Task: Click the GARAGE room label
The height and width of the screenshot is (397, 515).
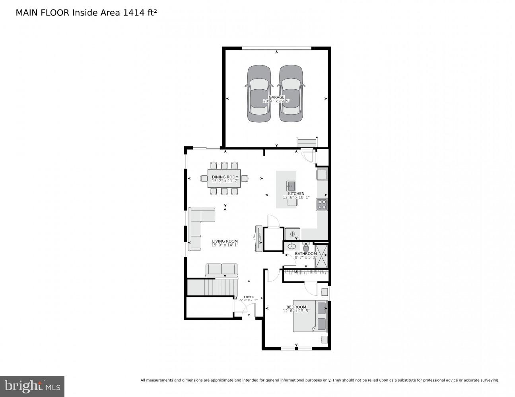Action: pos(276,97)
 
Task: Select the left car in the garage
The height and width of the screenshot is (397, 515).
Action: pos(259,94)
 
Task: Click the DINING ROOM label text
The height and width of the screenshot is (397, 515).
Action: pos(225,177)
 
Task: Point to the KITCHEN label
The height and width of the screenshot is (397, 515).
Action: pos(296,194)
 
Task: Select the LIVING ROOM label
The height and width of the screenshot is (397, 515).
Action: pos(225,241)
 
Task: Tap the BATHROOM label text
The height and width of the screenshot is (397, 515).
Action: pos(306,254)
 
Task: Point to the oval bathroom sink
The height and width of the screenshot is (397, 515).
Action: pos(292,246)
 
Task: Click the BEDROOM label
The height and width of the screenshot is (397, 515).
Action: pos(296,307)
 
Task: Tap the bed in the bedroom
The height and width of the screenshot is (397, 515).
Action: pos(310,316)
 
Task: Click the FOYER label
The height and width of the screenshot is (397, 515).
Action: pos(249,297)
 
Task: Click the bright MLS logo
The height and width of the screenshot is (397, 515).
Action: pos(32,386)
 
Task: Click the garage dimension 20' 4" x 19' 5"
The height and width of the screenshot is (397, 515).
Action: pos(276,101)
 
